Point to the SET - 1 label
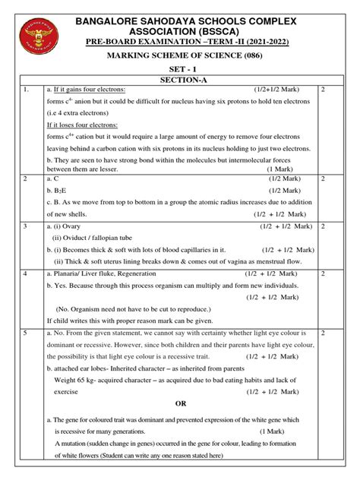[x=180, y=67]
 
